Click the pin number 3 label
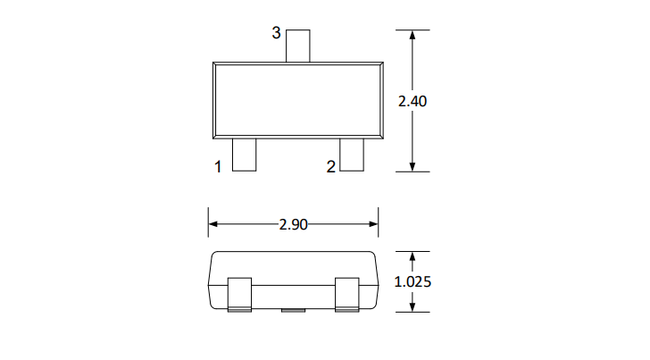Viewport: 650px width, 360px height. click(x=276, y=33)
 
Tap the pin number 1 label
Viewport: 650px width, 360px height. click(x=217, y=166)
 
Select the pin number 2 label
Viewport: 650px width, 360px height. click(x=330, y=166)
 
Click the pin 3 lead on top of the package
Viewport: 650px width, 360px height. click(x=297, y=46)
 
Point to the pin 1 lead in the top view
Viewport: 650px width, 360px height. click(x=244, y=155)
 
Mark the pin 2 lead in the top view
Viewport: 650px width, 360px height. click(x=352, y=155)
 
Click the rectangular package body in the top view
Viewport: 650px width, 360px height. click(x=297, y=100)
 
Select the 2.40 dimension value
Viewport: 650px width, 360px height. click(x=412, y=101)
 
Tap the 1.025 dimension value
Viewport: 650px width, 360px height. click(x=412, y=281)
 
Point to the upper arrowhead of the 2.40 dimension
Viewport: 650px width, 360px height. click(x=412, y=37)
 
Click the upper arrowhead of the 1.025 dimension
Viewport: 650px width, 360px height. click(x=412, y=258)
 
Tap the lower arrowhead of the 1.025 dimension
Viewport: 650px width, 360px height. click(x=412, y=306)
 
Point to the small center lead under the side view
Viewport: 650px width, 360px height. click(x=292, y=311)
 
